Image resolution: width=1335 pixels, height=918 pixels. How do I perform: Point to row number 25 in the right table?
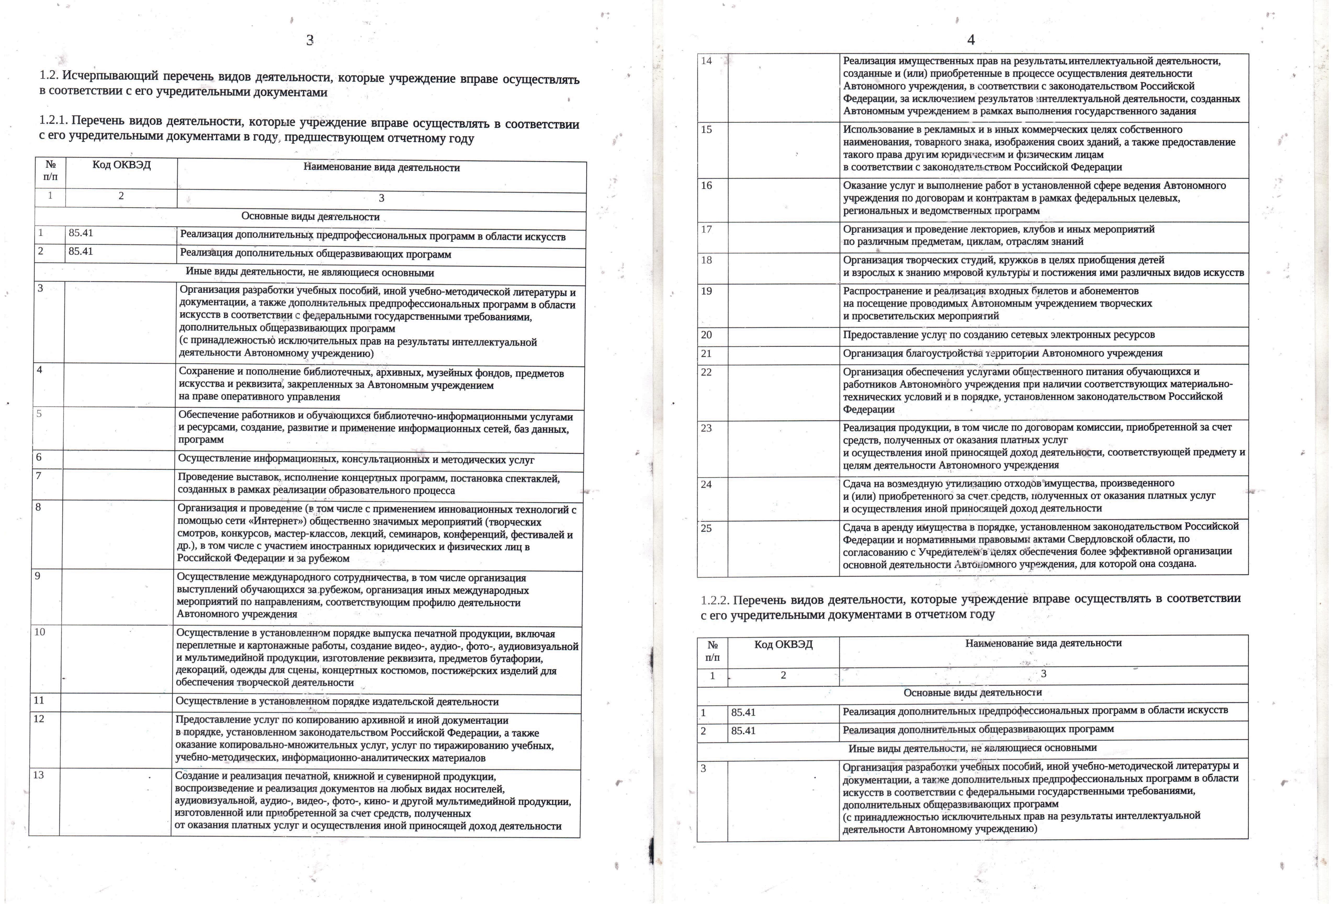click(706, 528)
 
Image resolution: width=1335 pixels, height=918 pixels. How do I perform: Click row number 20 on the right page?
click(706, 335)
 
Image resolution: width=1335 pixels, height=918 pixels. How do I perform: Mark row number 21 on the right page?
click(706, 353)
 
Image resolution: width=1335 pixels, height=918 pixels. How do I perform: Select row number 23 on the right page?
click(706, 428)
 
